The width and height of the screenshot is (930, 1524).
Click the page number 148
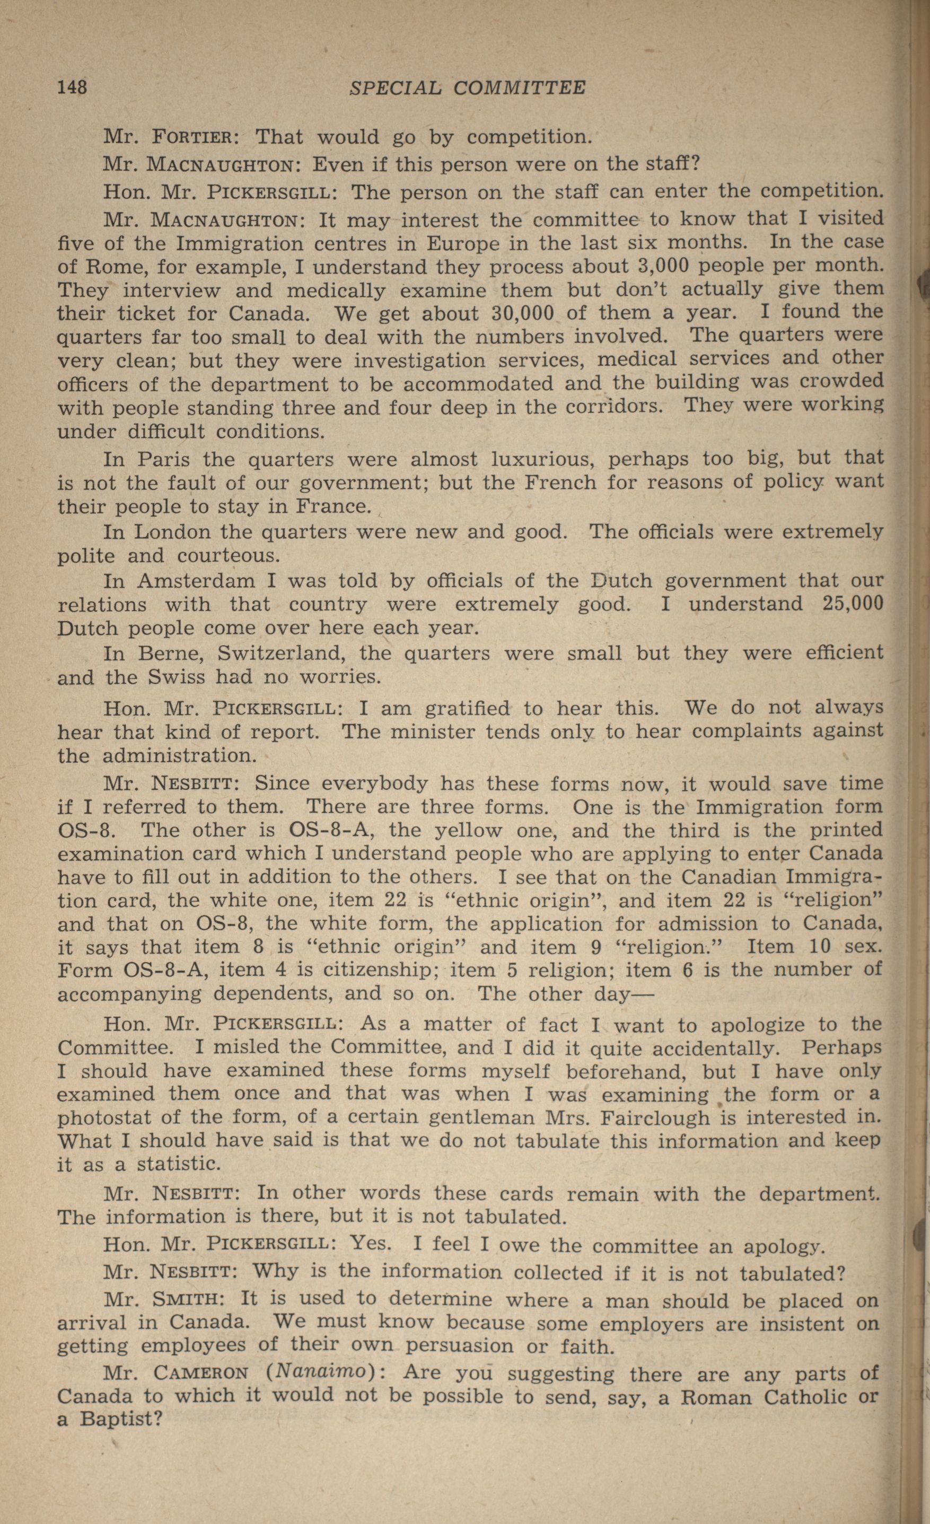(73, 87)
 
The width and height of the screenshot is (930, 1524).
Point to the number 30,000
(522, 313)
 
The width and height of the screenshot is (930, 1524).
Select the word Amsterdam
(196, 581)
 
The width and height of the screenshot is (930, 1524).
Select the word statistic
(178, 1165)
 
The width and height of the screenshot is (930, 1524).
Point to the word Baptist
(121, 1419)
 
